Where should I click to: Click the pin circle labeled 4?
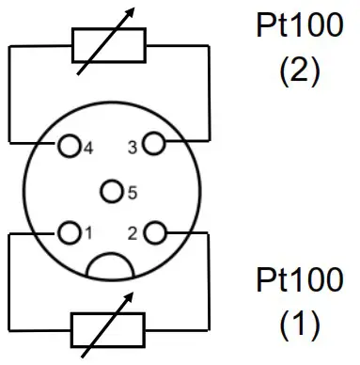pos(69,147)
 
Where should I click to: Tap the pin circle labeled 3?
pos(154,146)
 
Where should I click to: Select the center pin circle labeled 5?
pos(113,192)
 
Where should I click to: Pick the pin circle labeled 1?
pos(69,231)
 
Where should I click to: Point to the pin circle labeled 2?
pos(155,231)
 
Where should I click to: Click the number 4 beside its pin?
pos(88,147)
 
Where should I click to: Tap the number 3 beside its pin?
pos(133,147)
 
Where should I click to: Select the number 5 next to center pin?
pos(133,193)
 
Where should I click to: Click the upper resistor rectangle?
pos(109,44)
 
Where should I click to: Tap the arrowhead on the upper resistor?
pos(130,14)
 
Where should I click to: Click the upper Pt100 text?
pos(300,25)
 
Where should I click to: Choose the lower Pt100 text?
pos(300,279)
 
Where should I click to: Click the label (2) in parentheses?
pos(300,71)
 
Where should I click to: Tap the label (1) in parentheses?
pos(300,325)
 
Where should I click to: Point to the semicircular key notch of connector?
pos(112,266)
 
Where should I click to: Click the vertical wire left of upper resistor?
pos(8,94)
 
